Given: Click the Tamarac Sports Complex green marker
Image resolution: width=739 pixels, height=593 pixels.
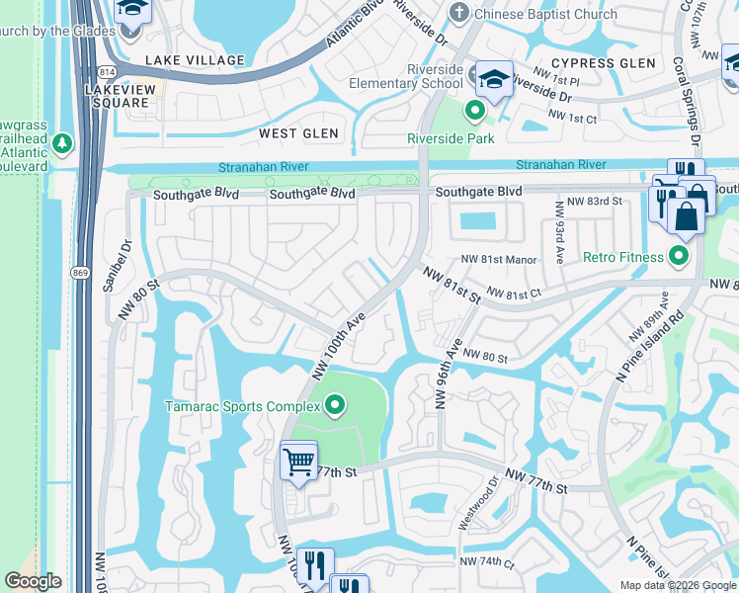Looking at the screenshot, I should point(335,405).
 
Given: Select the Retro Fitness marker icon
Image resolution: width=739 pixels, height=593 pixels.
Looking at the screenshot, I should point(678,258).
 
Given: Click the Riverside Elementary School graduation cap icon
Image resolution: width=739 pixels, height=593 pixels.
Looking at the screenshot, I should point(490,79).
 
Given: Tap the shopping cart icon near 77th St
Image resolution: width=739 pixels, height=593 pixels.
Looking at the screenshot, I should point(297,461).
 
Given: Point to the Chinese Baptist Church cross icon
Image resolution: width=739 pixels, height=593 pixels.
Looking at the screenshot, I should point(457,14).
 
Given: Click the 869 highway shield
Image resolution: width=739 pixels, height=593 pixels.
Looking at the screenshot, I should point(80,271).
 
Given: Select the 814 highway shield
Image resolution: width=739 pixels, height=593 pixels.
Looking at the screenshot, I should point(108,72).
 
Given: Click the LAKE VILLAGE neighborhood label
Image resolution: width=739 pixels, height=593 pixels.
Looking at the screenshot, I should point(195,60).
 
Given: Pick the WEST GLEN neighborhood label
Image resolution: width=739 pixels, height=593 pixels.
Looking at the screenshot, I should point(298,133).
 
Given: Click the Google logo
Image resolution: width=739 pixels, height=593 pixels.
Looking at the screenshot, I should point(33,582).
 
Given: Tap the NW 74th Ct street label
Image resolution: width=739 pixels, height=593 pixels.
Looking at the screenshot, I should point(488,562).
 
